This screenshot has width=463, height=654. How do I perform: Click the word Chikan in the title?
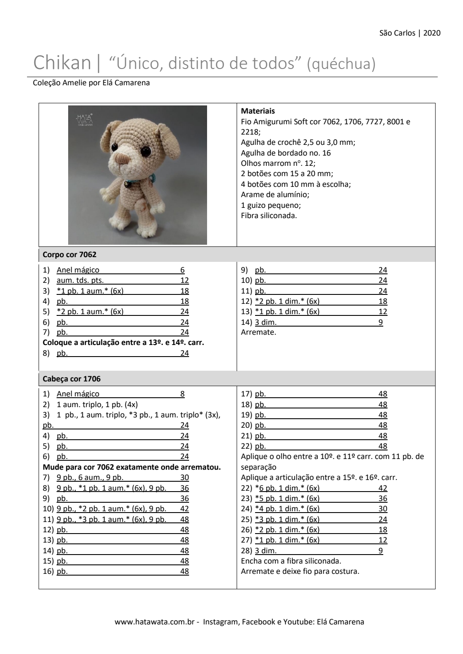[x=62, y=63]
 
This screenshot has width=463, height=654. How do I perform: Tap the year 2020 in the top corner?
[x=432, y=33]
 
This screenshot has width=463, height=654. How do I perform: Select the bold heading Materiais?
[x=258, y=111]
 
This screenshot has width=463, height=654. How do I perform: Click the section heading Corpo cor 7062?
[x=69, y=255]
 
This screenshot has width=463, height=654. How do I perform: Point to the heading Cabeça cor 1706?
[x=72, y=379]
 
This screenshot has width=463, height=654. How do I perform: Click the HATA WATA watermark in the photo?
[x=84, y=120]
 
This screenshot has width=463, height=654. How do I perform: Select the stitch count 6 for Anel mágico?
[x=183, y=270]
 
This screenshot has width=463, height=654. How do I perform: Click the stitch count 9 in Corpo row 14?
[x=381, y=322]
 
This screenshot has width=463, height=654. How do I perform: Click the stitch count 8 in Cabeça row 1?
[x=183, y=394]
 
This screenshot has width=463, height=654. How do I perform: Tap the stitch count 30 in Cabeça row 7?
[x=184, y=477]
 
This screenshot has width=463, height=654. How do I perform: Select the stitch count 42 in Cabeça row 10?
[x=184, y=509]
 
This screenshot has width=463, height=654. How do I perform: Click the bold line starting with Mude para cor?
[x=132, y=467]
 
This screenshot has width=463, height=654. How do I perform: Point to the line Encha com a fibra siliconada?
[x=291, y=561]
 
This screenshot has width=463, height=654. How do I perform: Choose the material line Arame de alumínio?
[x=275, y=195]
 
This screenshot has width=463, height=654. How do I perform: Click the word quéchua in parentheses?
[x=341, y=64]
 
